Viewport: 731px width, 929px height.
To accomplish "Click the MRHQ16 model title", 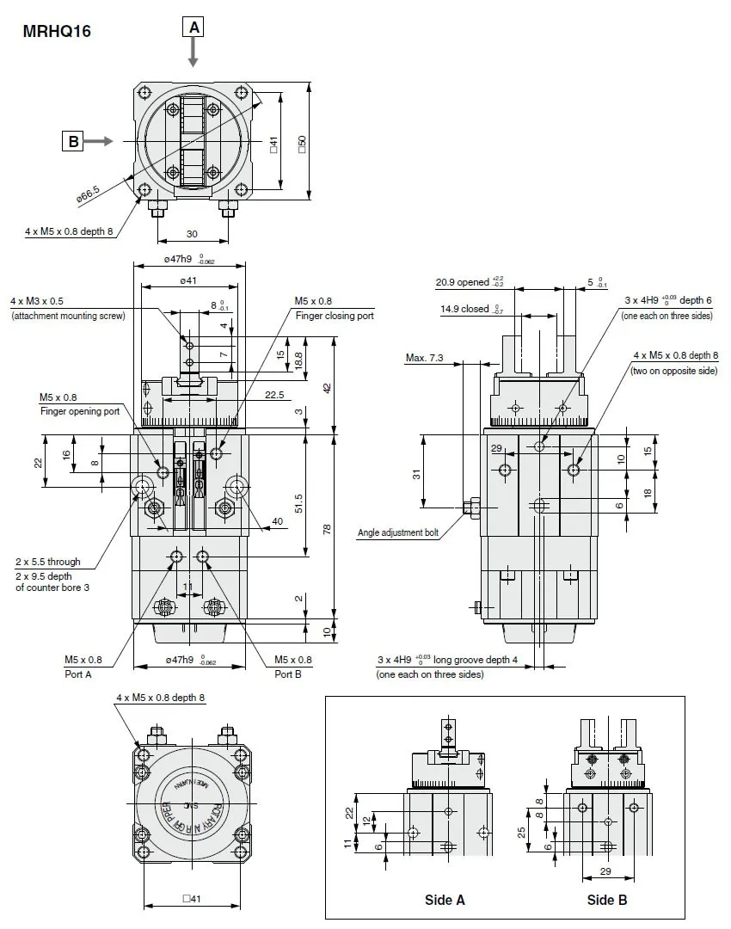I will coord(57,32).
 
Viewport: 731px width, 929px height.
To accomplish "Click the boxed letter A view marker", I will coord(194,28).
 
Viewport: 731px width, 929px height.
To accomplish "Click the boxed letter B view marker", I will coord(74,141).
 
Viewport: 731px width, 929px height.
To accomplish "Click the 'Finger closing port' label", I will coord(335,317).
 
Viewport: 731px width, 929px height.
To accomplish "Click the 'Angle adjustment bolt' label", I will coord(398,533).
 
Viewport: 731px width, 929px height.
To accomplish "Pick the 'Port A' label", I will coord(77,674).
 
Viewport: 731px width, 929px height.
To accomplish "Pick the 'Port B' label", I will coord(288,674).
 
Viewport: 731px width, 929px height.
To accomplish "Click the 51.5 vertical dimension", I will coord(298,501).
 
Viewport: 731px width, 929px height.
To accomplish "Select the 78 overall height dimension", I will coord(327,529).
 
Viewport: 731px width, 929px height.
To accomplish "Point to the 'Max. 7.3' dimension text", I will coord(425,358).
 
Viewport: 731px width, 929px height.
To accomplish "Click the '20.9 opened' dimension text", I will coord(462,282).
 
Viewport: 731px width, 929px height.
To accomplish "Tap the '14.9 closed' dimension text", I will coord(464,310).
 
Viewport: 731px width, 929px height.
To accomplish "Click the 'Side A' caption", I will coord(445,900).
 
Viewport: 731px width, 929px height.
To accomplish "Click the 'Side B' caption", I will coord(607,900).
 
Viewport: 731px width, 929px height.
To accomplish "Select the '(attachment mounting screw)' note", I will coord(68,317).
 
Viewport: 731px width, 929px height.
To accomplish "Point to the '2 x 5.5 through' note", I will coord(47,562).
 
